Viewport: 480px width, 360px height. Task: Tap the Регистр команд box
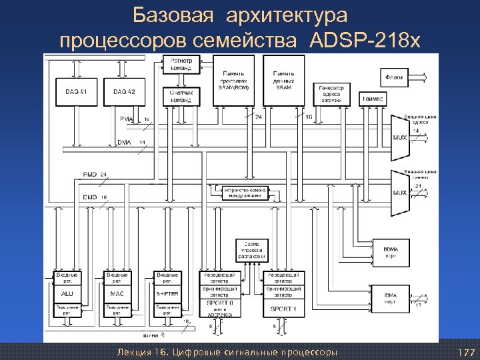pyautogui.click(x=181, y=64)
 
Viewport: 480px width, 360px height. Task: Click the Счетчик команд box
pyautogui.click(x=181, y=96)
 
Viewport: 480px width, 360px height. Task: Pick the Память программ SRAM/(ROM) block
pyautogui.click(x=233, y=80)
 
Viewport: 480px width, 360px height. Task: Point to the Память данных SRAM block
pyautogui.click(x=284, y=80)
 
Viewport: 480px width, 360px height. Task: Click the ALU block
pyautogui.click(x=67, y=293)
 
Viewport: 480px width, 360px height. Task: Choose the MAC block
pyautogui.click(x=117, y=293)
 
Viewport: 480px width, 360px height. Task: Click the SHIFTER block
pyautogui.click(x=167, y=293)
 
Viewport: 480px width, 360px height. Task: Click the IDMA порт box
pyautogui.click(x=391, y=297)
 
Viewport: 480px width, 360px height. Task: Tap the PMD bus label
pyautogui.click(x=89, y=174)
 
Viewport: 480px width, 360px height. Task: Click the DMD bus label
pyautogui.click(x=89, y=197)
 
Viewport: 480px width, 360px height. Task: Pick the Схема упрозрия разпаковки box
pyautogui.click(x=252, y=250)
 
